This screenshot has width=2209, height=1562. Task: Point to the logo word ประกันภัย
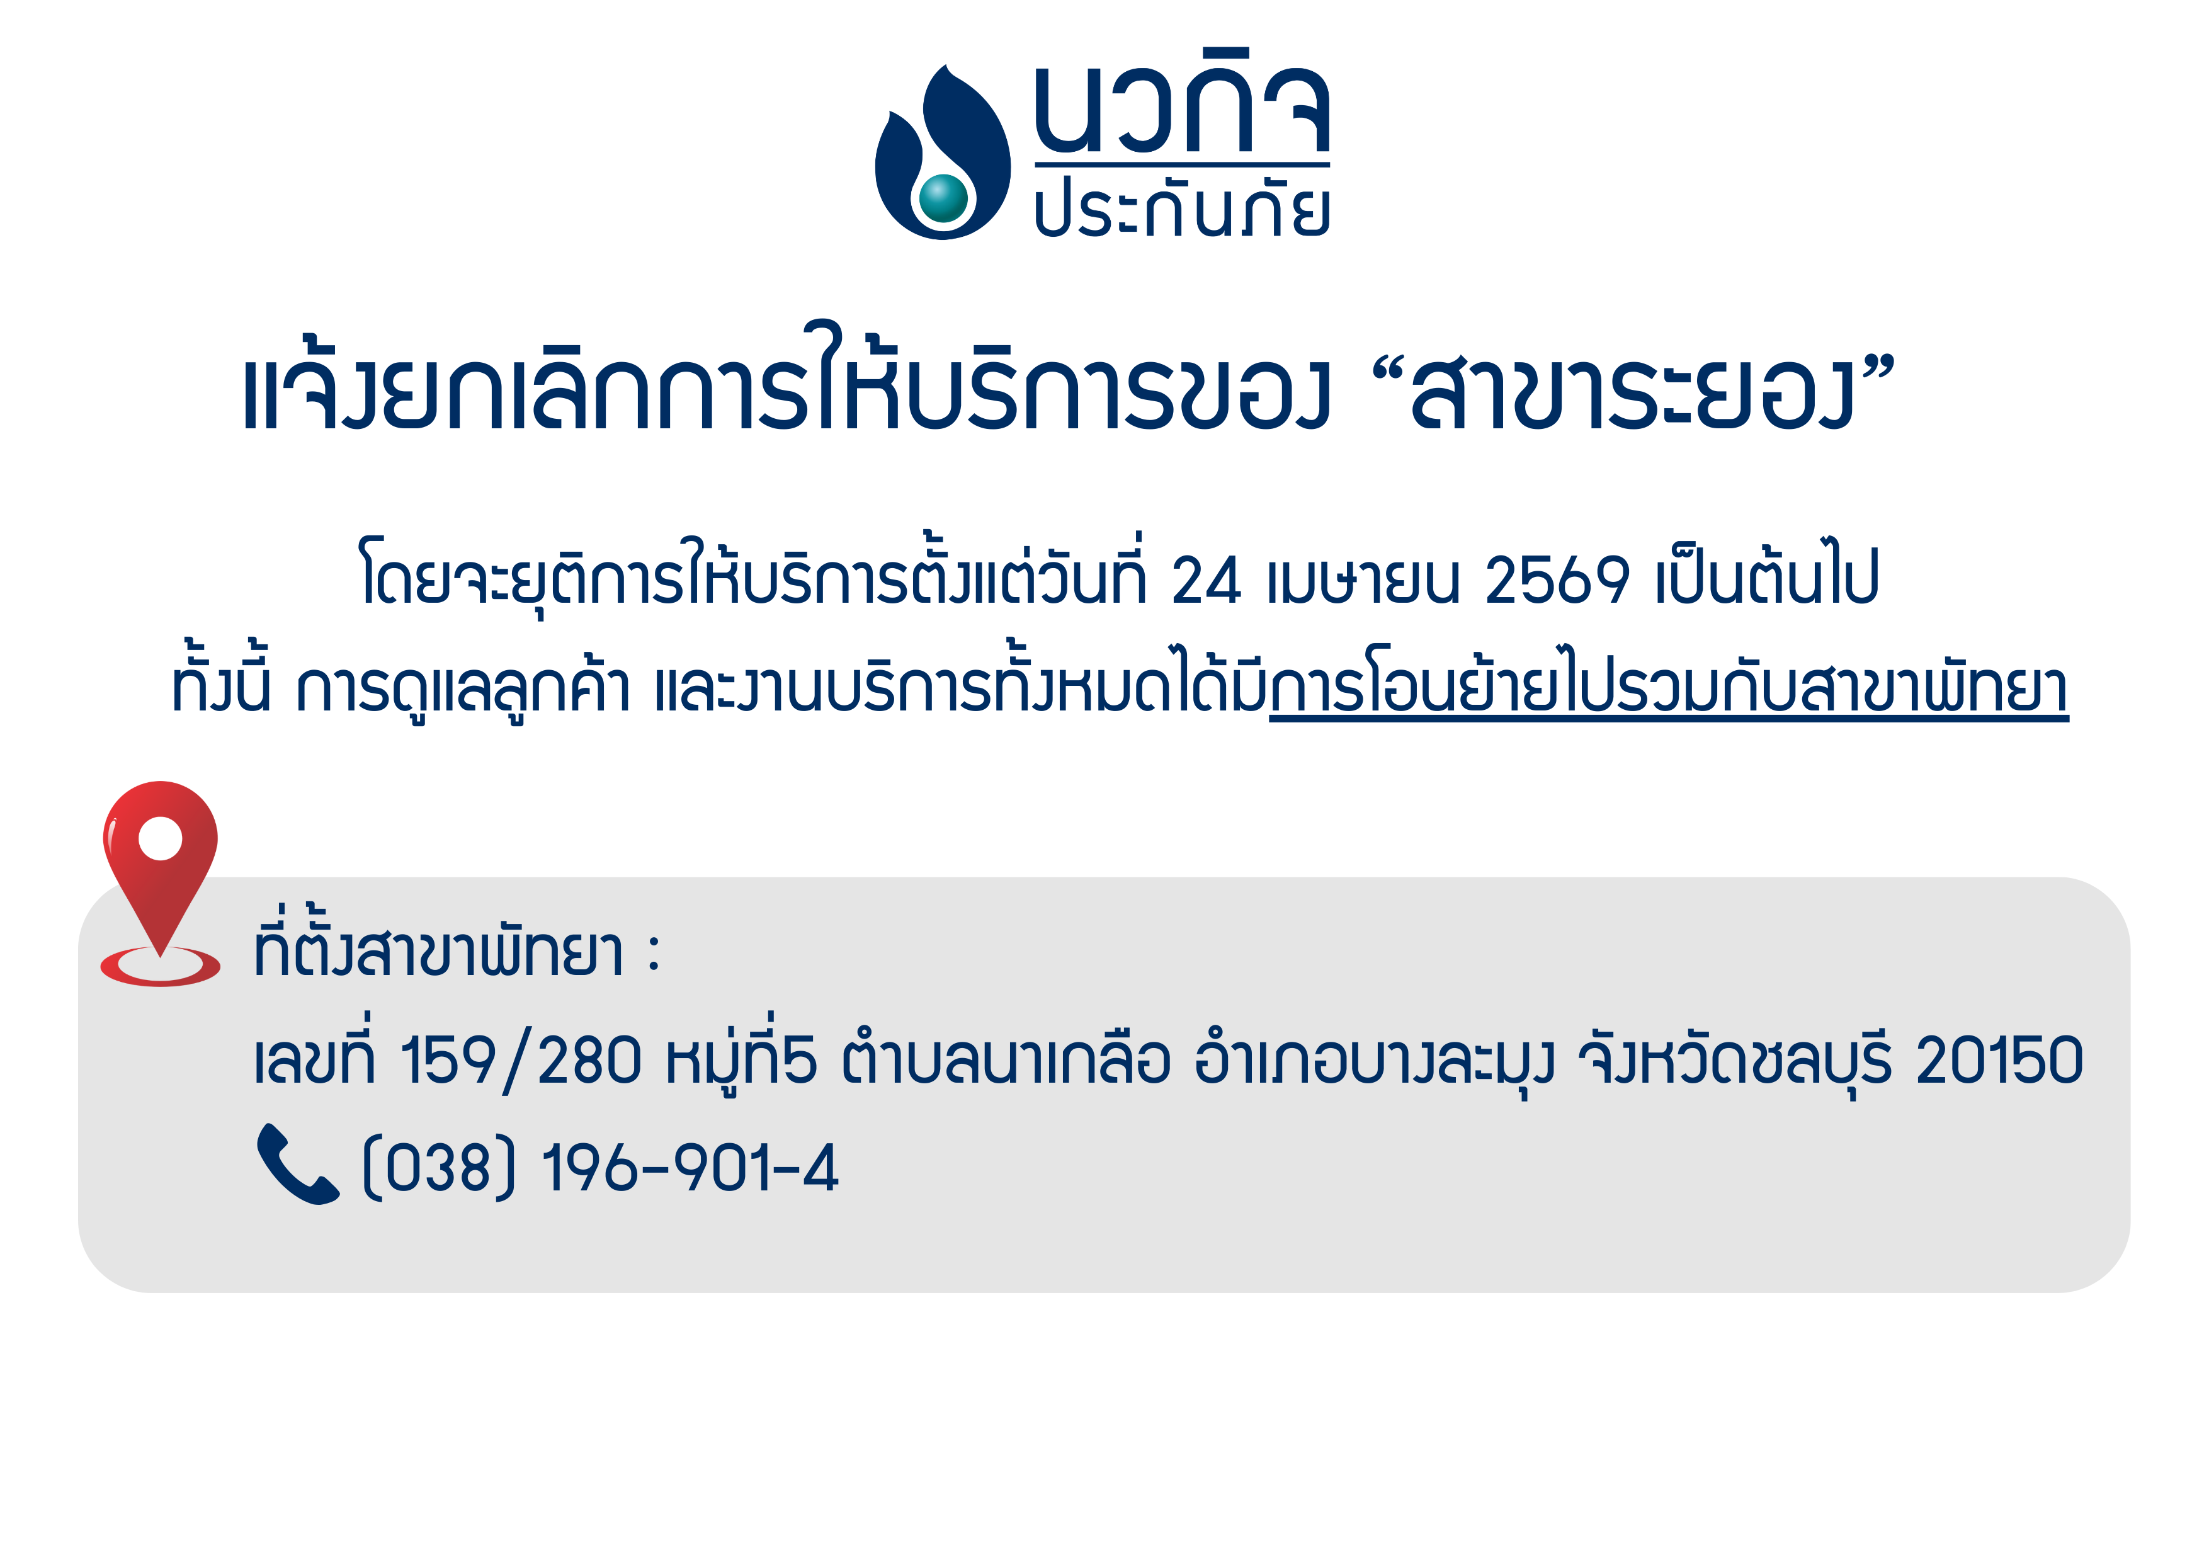[x=1183, y=205]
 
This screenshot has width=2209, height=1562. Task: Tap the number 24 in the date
[x=1207, y=580]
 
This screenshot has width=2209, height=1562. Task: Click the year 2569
[x=1557, y=580]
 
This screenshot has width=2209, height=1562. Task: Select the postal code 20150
[x=1999, y=1059]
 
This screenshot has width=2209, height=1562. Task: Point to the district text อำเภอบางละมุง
[x=1375, y=1059]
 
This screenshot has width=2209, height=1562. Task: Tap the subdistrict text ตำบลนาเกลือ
[x=1006, y=1059]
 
